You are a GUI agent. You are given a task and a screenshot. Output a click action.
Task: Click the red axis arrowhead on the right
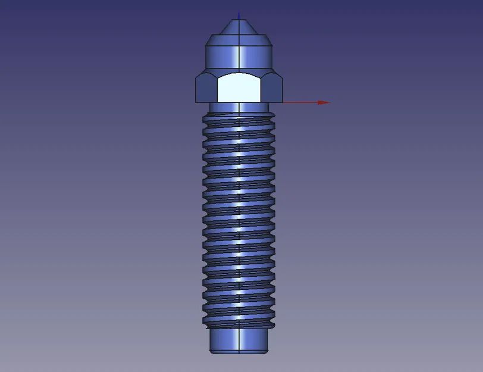[x=323, y=102]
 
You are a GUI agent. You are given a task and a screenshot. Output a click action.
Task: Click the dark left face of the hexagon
[x=206, y=89]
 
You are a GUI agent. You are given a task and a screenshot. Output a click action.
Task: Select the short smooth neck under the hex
[x=226, y=107]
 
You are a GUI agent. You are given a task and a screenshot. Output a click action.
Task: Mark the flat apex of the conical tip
[x=239, y=20]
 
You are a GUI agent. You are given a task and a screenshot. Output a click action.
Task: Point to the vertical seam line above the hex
[x=239, y=57]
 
